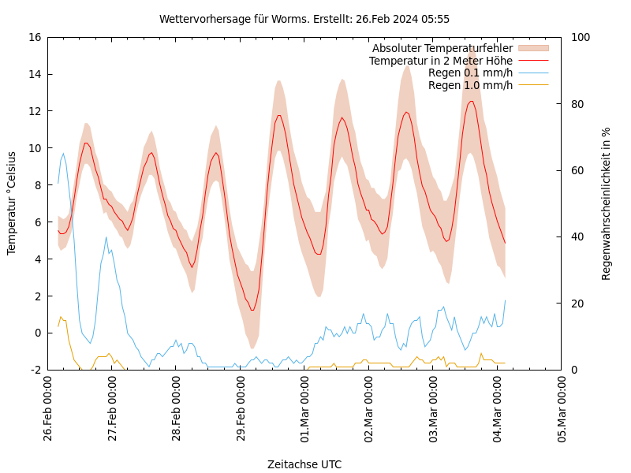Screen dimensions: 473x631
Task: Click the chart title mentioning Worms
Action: click(304, 19)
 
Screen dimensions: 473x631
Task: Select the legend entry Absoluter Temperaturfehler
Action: click(442, 49)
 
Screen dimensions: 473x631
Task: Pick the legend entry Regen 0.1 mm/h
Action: click(470, 73)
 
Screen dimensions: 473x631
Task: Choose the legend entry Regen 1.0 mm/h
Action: click(470, 84)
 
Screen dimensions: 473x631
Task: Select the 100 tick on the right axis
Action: click(581, 37)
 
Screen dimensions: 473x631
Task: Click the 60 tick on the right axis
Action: click(577, 170)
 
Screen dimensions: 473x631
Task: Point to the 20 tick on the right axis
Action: click(577, 304)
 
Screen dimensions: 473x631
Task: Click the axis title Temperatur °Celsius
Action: click(12, 203)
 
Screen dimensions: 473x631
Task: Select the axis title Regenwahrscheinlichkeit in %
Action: click(607, 203)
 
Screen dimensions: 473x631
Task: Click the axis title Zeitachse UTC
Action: click(304, 464)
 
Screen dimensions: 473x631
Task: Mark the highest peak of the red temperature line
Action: click(471, 101)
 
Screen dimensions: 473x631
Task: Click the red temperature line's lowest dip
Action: click(252, 310)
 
